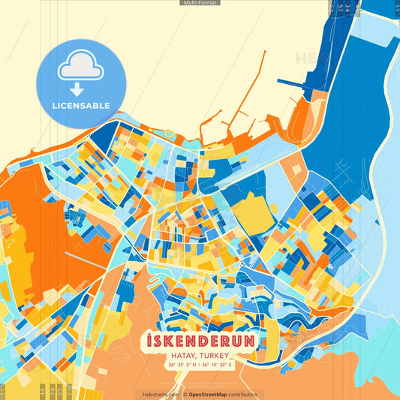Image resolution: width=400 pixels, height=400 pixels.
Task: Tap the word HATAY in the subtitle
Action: [184, 356]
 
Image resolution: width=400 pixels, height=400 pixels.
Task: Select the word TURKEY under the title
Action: [215, 356]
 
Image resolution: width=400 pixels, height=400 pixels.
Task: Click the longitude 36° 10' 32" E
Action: [220, 365]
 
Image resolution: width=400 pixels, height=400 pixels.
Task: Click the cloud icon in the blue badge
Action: [80, 66]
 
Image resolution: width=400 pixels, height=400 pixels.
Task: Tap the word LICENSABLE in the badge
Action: [80, 106]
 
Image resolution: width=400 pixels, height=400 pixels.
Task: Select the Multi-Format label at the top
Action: [200, 3]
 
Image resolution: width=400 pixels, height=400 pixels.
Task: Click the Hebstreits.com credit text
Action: [160, 395]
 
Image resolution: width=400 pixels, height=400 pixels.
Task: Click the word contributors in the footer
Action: [242, 395]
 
